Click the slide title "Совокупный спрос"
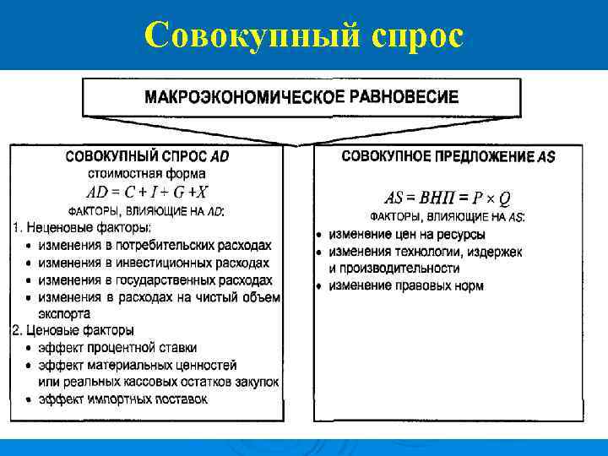304,35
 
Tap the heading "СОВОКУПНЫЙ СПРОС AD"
146,157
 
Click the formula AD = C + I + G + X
146,192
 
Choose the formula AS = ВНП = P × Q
447,198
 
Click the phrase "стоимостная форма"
146,174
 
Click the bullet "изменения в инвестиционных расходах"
153,263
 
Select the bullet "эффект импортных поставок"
122,399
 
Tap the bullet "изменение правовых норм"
406,286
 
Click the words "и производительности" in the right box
394,269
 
